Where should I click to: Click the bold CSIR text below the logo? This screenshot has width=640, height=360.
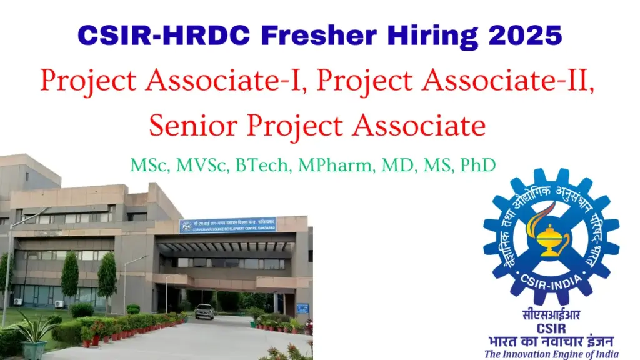coord(551,328)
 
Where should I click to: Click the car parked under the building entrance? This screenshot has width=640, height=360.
coord(204,311)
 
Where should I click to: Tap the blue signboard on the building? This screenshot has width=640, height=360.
coord(227,225)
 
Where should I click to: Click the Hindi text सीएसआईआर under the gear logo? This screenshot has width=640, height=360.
coord(551,316)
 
